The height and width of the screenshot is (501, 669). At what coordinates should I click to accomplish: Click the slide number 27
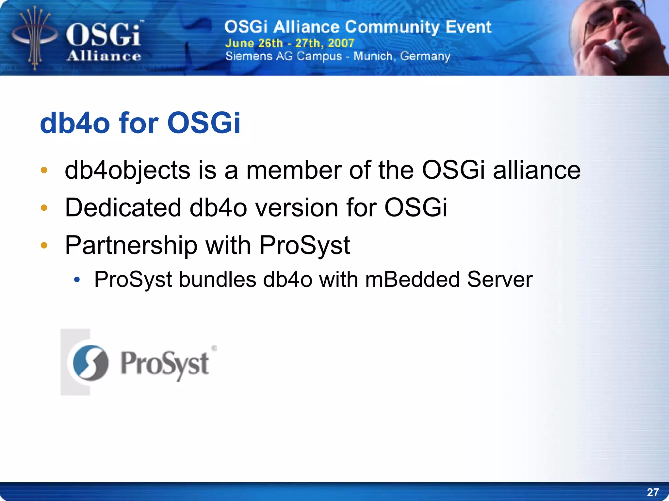(653, 492)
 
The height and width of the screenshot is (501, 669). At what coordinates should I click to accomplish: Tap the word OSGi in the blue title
(204, 123)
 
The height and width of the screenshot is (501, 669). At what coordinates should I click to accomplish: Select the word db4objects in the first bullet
(127, 170)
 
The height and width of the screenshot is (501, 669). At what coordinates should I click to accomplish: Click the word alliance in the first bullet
(536, 170)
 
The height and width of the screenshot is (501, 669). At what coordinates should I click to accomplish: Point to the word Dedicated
(123, 208)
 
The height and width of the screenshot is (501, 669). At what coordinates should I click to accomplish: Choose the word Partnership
(131, 245)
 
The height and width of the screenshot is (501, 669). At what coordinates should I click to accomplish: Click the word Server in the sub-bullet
(499, 280)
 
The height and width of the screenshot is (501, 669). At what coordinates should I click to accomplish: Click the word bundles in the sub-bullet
(217, 280)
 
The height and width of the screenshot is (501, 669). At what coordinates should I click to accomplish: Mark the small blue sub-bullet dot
(77, 280)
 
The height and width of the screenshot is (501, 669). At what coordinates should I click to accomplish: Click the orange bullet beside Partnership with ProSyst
(44, 245)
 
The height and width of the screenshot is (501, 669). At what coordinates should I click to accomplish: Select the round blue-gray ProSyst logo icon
(90, 363)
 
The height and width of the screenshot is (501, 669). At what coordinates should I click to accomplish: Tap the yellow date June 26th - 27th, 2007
(289, 43)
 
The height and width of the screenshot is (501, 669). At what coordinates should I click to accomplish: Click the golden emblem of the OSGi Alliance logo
(35, 38)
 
